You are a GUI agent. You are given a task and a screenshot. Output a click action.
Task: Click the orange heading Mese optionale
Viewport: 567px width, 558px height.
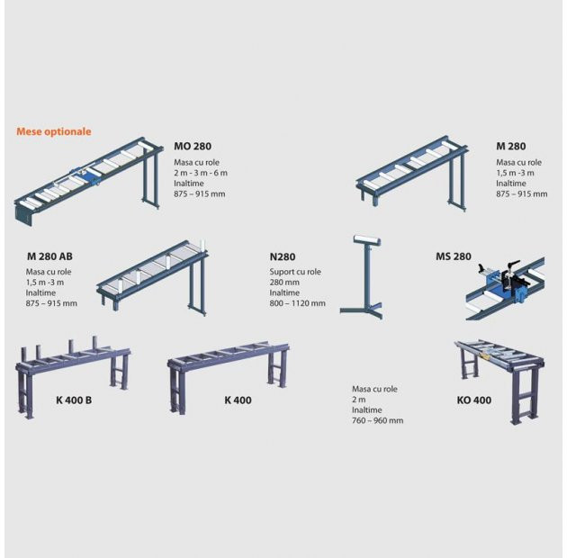click(x=54, y=131)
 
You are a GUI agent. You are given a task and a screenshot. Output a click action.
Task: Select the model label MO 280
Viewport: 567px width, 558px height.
click(x=193, y=147)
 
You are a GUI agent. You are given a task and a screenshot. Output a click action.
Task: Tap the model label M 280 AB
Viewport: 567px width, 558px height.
click(x=49, y=256)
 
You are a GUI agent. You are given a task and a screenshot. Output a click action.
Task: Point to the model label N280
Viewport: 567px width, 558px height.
click(x=283, y=256)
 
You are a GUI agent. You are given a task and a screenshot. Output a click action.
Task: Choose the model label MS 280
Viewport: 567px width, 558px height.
click(x=454, y=256)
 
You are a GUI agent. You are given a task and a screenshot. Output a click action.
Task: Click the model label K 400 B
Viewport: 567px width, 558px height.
click(x=74, y=400)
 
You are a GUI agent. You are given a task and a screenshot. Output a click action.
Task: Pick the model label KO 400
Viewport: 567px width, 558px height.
click(x=474, y=400)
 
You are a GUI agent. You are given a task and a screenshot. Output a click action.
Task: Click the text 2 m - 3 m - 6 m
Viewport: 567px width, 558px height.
click(x=201, y=173)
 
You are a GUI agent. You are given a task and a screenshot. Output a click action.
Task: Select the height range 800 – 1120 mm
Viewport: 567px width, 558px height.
click(x=297, y=303)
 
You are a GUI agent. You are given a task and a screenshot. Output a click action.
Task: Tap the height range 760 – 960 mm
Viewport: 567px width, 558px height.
click(x=377, y=420)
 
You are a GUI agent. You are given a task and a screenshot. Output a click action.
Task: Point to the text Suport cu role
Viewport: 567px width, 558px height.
click(x=295, y=272)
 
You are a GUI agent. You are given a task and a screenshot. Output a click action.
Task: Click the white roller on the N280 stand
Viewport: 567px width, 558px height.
click(x=366, y=240)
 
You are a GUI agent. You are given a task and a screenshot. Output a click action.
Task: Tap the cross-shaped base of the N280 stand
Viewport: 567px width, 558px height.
click(x=362, y=310)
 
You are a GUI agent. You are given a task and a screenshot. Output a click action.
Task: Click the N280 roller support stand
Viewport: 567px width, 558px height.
click(x=362, y=277)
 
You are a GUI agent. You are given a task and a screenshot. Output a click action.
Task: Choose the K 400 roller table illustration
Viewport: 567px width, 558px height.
click(x=228, y=377)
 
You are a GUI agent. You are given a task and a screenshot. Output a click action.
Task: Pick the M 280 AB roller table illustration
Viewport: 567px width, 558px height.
click(x=153, y=277)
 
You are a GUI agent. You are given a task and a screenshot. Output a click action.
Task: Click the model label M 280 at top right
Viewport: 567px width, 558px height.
click(x=511, y=147)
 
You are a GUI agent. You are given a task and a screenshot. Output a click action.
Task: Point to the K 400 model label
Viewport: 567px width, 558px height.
click(x=238, y=400)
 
